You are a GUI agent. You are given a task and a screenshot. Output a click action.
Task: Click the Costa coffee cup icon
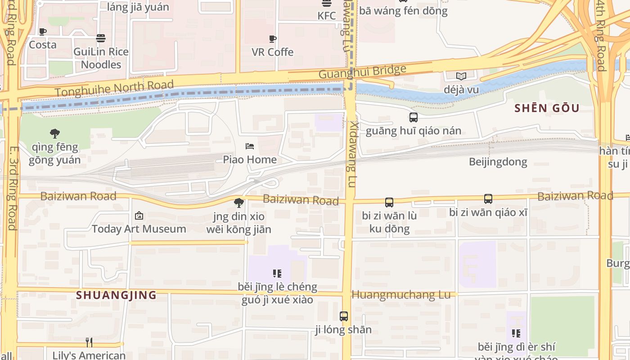tap(43, 31)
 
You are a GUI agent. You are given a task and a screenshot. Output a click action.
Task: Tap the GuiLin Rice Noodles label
tap(101, 58)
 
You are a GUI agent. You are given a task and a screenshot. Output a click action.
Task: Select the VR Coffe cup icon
tap(273, 39)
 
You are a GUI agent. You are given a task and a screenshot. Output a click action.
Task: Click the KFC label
tap(326, 16)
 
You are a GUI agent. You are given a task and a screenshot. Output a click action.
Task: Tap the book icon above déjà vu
tap(461, 76)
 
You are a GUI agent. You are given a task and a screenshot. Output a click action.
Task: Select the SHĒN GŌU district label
tap(547, 108)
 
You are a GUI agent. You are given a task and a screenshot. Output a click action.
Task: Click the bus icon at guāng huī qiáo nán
tap(413, 117)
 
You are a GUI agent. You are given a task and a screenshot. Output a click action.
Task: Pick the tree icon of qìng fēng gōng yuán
tap(55, 133)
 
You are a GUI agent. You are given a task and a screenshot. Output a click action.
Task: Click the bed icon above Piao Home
tap(250, 146)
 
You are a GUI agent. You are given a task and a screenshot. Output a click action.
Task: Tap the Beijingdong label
tap(498, 162)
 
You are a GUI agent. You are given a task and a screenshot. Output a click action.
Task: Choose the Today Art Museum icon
tap(139, 216)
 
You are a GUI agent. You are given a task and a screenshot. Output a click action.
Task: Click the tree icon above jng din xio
tap(239, 203)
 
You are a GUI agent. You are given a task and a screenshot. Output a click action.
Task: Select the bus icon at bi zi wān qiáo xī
tap(488, 199)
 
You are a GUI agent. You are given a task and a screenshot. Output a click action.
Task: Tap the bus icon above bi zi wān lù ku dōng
tap(389, 202)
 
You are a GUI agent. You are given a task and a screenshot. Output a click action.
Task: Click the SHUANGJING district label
tap(116, 295)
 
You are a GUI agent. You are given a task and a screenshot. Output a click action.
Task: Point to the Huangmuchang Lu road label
tap(400, 295)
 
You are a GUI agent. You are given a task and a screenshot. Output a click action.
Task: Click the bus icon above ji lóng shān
tap(344, 316)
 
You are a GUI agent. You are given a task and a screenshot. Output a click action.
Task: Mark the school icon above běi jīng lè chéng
tap(277, 273)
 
